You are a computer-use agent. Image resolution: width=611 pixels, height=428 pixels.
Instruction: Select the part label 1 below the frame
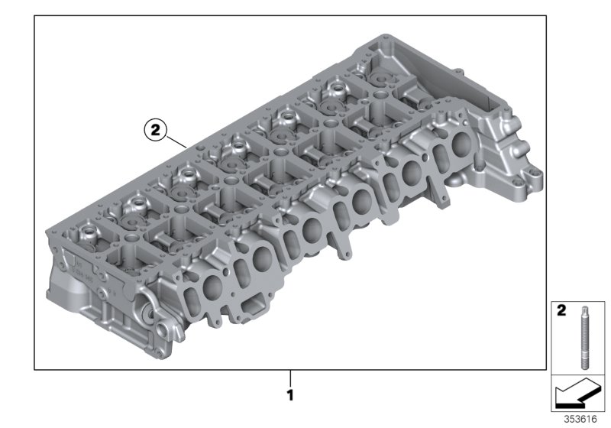(x=289, y=397)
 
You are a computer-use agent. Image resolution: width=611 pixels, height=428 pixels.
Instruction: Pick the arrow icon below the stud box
(x=577, y=395)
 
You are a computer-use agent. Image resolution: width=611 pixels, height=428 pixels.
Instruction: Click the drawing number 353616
(x=583, y=420)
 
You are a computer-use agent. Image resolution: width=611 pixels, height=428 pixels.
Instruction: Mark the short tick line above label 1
(x=289, y=378)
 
